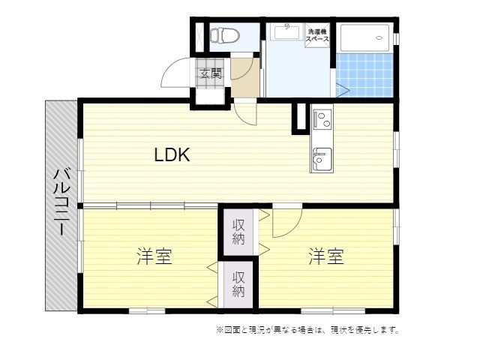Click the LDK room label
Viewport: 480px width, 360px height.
tap(172, 155)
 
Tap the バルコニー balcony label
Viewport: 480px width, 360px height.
tap(61, 202)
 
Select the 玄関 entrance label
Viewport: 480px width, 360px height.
tap(211, 73)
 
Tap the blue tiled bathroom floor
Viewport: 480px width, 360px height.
tap(365, 75)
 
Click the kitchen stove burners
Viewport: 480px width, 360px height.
tap(322, 118)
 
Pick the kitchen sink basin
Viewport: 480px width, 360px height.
tap(322, 158)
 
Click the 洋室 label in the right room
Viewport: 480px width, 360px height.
tap(326, 257)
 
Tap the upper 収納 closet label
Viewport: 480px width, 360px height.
tap(238, 232)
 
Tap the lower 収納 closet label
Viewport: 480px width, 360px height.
tap(238, 283)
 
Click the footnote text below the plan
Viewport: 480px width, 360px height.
tap(307, 329)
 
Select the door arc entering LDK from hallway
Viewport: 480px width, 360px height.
tap(246, 115)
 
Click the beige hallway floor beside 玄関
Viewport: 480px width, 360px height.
tap(244, 79)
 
